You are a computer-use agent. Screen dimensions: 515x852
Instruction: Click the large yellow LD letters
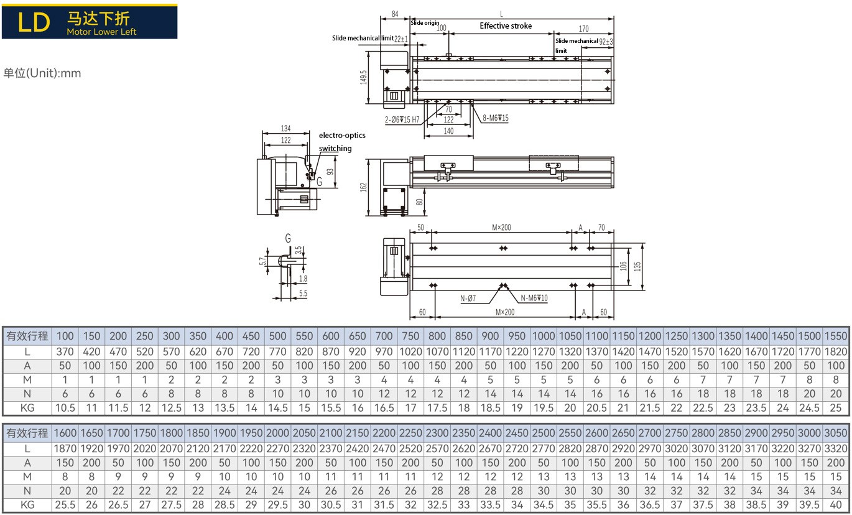[34, 22]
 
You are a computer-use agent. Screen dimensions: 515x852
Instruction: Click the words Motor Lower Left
[101, 32]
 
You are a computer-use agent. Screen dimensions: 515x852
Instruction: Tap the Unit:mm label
[42, 73]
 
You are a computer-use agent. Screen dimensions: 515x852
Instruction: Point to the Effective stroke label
[506, 26]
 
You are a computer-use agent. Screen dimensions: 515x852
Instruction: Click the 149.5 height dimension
[363, 78]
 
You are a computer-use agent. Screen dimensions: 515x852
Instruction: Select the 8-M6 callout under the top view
[496, 118]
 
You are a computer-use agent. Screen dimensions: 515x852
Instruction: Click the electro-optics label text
[342, 135]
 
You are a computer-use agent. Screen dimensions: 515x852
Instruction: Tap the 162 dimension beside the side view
[363, 186]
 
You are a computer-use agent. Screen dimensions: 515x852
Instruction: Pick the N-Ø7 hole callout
[468, 299]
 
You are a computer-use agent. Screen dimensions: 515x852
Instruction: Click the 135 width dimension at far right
[637, 267]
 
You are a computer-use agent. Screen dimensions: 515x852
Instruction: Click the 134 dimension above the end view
[285, 129]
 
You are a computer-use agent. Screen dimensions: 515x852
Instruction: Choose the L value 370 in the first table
[65, 351]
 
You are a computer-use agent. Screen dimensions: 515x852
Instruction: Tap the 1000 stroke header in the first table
[544, 336]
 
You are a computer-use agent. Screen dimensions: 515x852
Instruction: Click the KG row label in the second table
[27, 506]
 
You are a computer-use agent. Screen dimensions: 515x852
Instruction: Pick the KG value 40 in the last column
[837, 506]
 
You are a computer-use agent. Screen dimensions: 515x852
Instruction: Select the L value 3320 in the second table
[837, 448]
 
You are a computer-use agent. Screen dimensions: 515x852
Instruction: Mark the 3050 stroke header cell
[837, 434]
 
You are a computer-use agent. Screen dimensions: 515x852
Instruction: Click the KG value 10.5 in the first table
[65, 408]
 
